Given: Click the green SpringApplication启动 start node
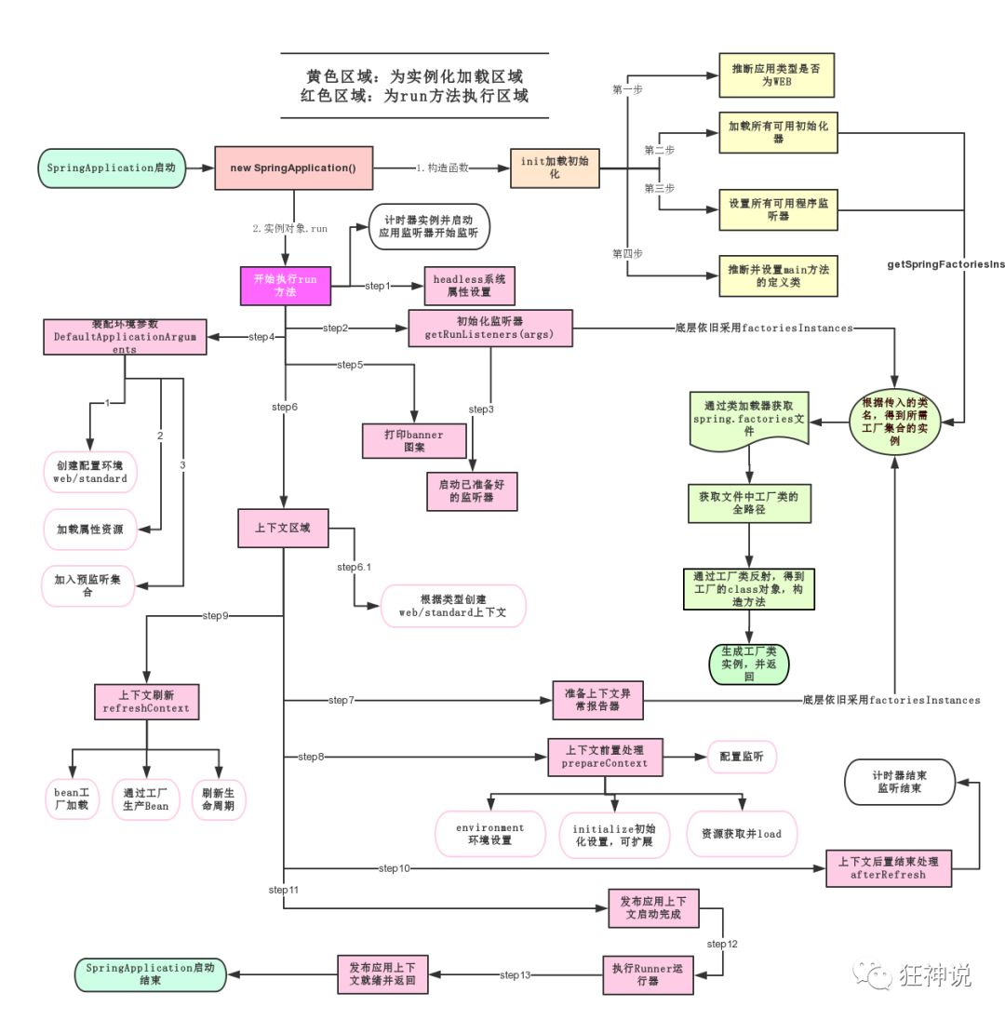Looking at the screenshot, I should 111,168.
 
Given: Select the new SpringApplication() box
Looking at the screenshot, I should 294,168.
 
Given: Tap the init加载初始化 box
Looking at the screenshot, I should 554,168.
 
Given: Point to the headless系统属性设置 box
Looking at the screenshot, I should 469,285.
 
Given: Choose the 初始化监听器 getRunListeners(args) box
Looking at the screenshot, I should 490,329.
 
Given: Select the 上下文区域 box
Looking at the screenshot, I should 283,528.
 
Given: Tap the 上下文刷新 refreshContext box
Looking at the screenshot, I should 146,701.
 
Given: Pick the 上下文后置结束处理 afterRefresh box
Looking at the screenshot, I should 889,868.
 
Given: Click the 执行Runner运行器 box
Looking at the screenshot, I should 648,974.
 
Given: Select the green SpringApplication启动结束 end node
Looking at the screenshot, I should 150,974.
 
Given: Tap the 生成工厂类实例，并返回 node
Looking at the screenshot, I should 748,663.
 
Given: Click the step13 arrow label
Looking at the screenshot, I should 515,975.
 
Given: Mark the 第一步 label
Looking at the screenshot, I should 627,89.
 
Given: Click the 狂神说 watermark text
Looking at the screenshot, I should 935,974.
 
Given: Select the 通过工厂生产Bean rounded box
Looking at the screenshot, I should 146,799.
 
